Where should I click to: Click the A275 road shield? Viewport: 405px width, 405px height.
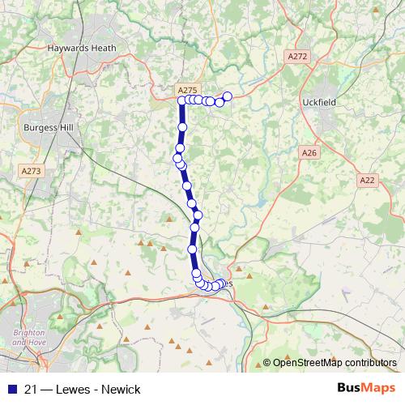[186, 90]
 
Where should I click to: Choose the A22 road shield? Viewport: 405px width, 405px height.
[368, 180]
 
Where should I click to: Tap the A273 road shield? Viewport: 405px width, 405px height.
[32, 171]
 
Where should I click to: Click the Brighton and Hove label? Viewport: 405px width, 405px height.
[31, 338]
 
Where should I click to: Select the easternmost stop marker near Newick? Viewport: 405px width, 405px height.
[228, 96]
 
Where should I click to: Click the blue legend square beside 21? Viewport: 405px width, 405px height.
[11, 389]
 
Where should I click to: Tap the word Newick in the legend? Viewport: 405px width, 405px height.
[122, 389]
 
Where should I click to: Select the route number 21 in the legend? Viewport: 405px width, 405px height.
[28, 389]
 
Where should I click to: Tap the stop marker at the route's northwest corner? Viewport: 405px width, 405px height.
[181, 100]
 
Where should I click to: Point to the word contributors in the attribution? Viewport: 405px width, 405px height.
[369, 363]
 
